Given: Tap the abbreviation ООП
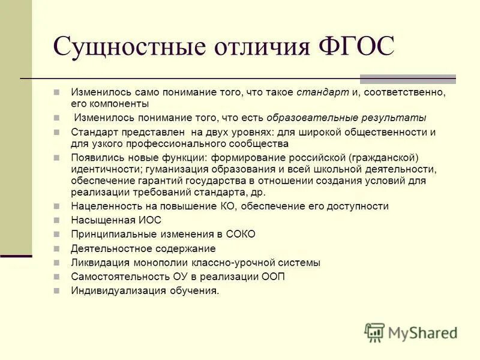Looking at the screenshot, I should point(272,277).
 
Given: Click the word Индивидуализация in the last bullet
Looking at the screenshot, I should point(112,291).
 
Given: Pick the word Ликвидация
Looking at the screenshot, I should point(97,262).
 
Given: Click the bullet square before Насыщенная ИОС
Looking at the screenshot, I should point(56,220).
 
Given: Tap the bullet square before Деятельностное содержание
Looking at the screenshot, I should point(56,248).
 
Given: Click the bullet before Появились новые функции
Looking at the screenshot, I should point(56,157).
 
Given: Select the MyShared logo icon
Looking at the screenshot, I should point(374,332).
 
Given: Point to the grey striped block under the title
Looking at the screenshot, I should point(407,79).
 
